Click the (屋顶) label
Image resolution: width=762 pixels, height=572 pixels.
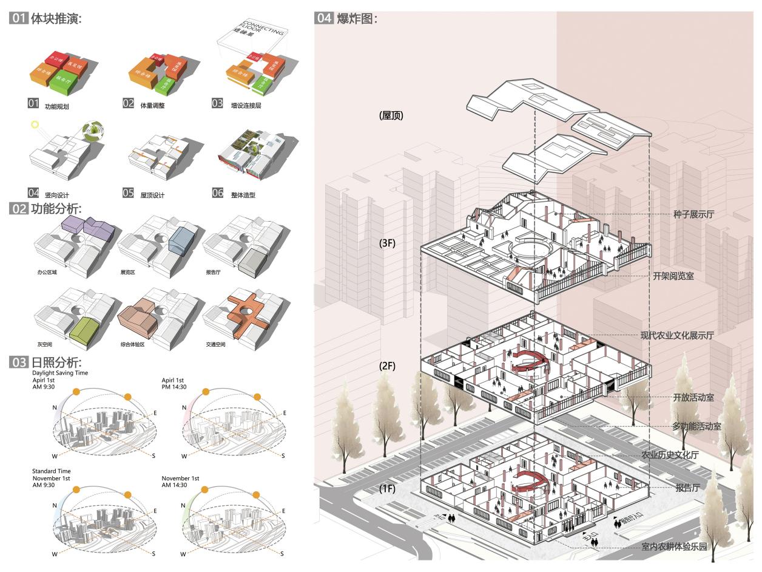[391, 115]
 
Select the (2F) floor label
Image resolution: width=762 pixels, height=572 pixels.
[387, 366]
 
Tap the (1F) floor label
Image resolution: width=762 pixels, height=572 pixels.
[388, 488]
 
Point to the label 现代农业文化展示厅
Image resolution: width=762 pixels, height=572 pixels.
[677, 335]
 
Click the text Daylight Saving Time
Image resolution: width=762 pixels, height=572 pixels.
[60, 372]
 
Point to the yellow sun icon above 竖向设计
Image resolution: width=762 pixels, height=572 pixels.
[35, 124]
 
